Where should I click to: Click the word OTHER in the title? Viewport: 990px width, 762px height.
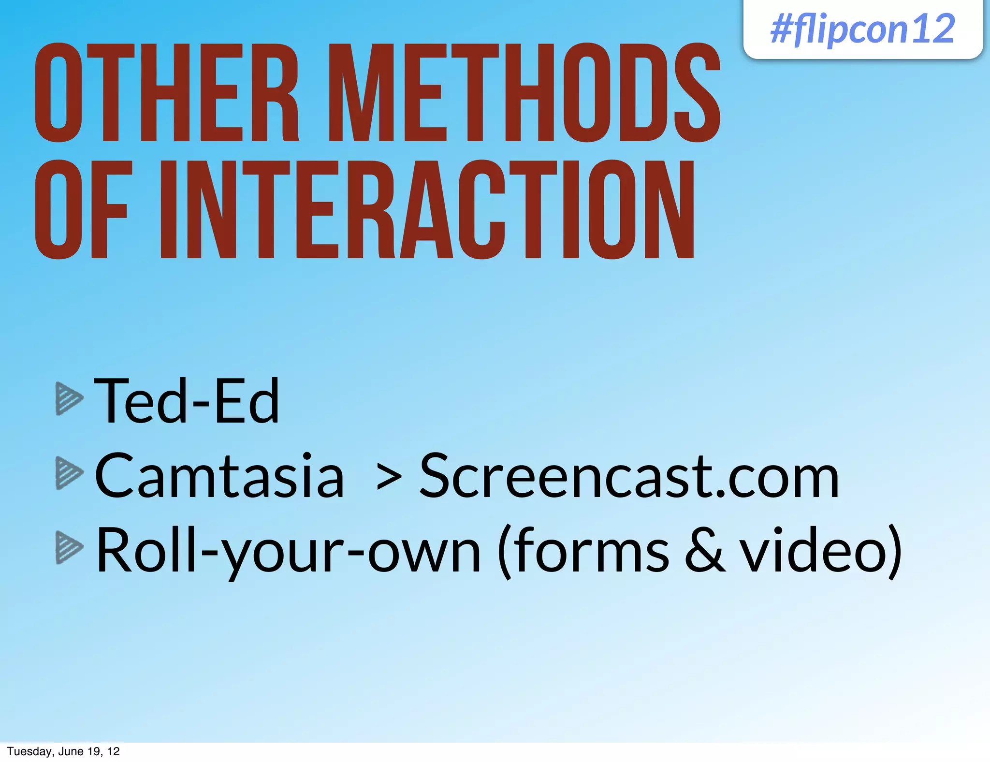[167, 93]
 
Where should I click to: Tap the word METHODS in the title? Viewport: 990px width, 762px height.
[524, 93]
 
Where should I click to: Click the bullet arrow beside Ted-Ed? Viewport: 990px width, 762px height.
[69, 398]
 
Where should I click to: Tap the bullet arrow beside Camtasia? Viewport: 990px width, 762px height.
[69, 473]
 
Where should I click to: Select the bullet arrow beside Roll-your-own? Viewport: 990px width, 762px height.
[69, 547]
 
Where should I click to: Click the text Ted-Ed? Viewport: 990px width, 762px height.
[187, 401]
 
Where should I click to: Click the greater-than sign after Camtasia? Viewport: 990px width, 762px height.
[389, 478]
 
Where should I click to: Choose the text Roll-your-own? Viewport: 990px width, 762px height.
[288, 551]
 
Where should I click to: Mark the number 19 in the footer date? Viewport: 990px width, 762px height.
[93, 751]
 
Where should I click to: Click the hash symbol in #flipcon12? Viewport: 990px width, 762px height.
[782, 30]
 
